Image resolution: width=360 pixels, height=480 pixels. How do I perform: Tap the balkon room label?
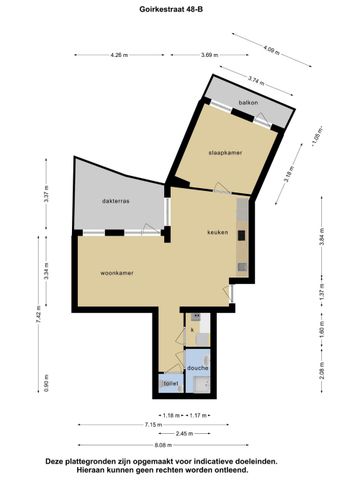click(249, 103)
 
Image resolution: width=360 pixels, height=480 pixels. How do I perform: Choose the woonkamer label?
click(118, 272)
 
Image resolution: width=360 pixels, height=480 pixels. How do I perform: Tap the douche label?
click(197, 368)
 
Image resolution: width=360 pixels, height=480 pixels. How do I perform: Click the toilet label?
click(170, 383)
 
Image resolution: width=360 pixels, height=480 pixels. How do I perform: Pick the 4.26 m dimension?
click(120, 55)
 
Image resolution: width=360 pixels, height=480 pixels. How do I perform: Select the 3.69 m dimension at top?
click(209, 55)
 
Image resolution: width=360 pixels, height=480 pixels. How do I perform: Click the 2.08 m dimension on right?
click(321, 375)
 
